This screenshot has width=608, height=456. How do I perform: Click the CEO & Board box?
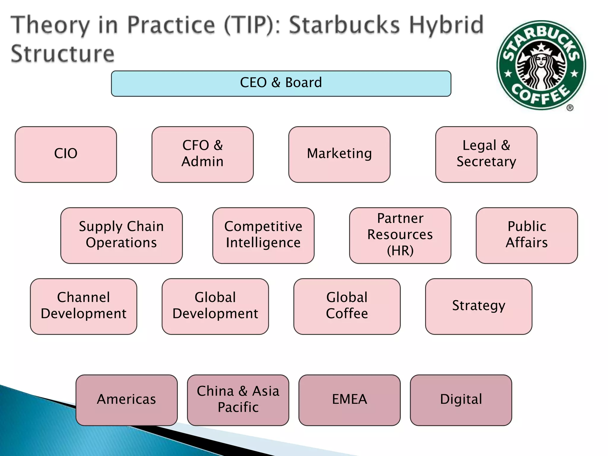(281, 83)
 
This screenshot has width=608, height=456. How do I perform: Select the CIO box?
(66, 154)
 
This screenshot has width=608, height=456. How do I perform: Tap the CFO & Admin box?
(202, 154)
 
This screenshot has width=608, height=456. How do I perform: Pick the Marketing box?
(339, 154)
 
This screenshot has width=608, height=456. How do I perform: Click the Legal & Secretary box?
(486, 154)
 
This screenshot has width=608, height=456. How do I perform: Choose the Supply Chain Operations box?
(121, 235)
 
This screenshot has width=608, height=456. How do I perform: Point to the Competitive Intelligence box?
(263, 235)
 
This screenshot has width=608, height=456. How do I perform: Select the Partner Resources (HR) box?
(400, 235)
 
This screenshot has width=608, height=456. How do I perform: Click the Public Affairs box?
(526, 235)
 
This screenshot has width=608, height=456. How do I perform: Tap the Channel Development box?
(83, 306)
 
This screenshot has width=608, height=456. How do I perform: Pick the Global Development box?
(215, 306)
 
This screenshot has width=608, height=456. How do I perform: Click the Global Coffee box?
(347, 306)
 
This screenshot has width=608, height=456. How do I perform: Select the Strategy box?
(478, 306)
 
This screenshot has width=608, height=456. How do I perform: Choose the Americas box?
(126, 400)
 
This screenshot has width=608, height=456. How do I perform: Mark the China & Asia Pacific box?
(238, 400)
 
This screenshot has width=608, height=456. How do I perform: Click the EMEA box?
(349, 400)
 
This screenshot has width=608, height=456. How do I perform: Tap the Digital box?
(461, 400)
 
